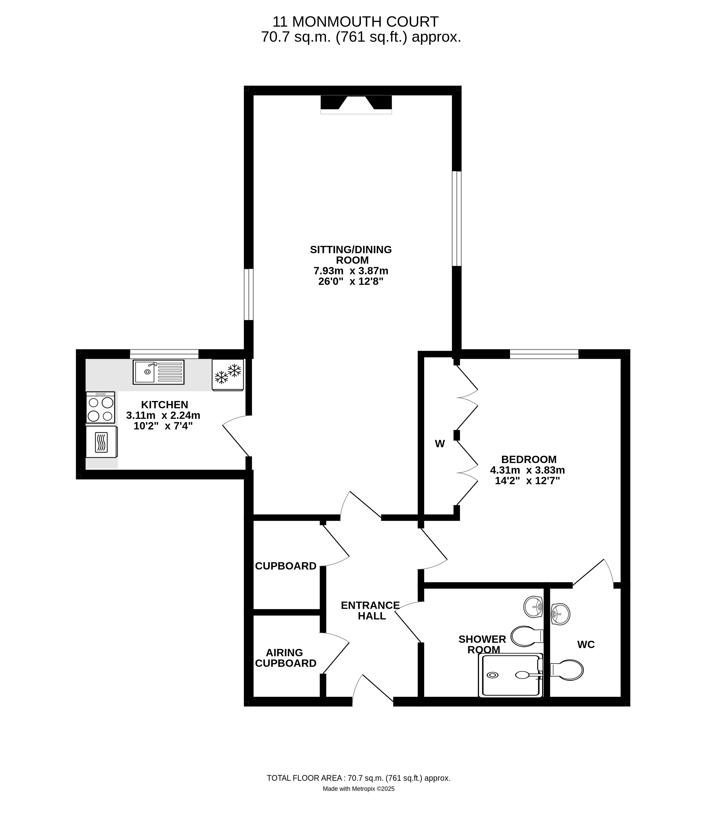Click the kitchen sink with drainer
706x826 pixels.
[x=158, y=372]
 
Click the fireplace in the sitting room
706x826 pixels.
[x=356, y=104]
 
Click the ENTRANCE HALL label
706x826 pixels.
[x=370, y=610]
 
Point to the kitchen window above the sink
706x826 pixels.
[x=164, y=354]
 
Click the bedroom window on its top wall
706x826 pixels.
[x=544, y=354]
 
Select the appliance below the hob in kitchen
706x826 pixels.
[x=101, y=442]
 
